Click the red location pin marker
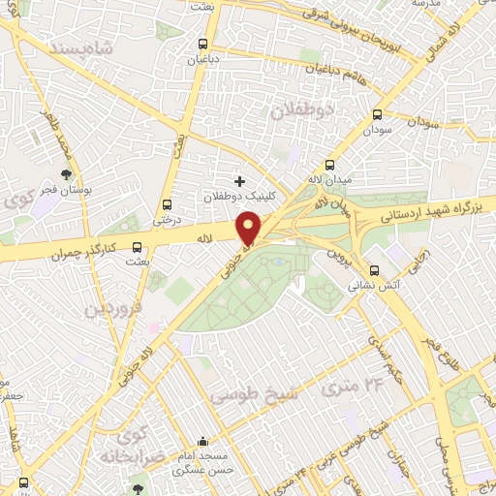coord(249,228)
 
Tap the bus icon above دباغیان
coord(202,44)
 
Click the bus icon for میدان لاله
coord(330,166)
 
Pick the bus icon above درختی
coord(169,204)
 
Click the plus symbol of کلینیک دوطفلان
coord(239,180)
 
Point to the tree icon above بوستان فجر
coord(66,175)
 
